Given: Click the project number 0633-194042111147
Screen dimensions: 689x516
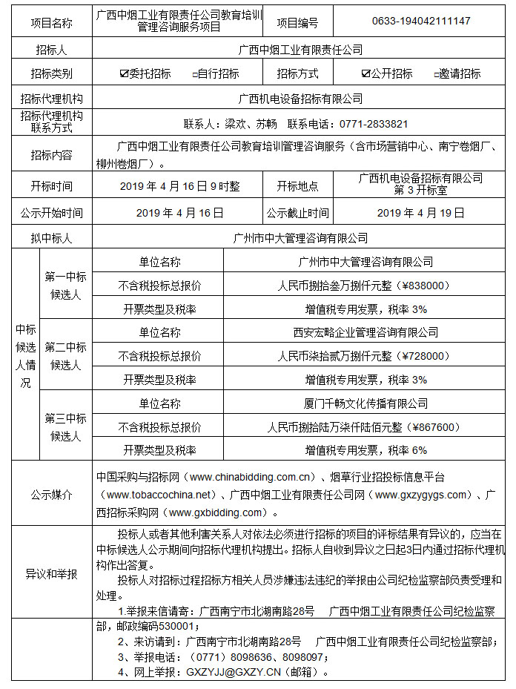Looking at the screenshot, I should click(x=420, y=22).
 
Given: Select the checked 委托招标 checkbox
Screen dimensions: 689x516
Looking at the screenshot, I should click(x=124, y=73).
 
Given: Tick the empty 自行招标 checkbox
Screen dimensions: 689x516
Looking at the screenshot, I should click(x=194, y=74).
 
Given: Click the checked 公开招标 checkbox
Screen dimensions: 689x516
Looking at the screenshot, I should click(x=365, y=73).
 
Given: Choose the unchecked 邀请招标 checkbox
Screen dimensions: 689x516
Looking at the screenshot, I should click(x=436, y=74).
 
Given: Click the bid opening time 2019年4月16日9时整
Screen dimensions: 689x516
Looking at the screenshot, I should click(x=179, y=186).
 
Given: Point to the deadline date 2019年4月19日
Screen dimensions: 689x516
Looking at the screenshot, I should click(x=420, y=213).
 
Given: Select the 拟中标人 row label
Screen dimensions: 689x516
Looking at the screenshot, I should click(x=51, y=238).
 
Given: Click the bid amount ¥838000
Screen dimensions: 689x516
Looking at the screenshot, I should click(x=420, y=285).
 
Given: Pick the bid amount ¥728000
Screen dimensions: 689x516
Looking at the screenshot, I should click(x=420, y=356).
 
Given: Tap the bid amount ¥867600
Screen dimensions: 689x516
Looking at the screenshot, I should click(x=420, y=427).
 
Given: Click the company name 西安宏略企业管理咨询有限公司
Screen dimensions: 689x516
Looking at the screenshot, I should click(x=365, y=332).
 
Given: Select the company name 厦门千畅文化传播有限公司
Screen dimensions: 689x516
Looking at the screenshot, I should click(x=365, y=403).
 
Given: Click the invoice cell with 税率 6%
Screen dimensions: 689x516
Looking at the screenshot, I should click(x=365, y=450).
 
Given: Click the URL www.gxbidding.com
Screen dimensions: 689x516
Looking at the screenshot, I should click(x=216, y=512).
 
